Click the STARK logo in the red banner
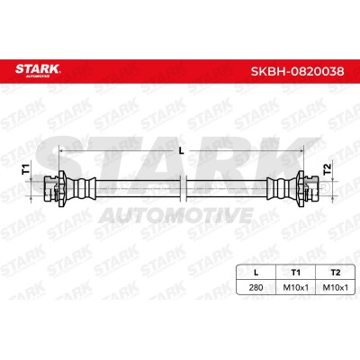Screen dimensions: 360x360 tap(38, 71)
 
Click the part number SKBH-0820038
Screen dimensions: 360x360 tap(297, 71)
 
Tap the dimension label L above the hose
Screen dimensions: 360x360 tap(181, 151)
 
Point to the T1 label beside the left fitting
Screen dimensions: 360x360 tap(26, 169)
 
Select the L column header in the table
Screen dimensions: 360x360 tap(256, 273)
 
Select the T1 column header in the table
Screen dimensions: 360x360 tap(296, 273)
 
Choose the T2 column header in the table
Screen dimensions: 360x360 tap(336, 273)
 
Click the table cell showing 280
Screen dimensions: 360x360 tap(256, 287)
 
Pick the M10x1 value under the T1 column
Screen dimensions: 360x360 tap(296, 287)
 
